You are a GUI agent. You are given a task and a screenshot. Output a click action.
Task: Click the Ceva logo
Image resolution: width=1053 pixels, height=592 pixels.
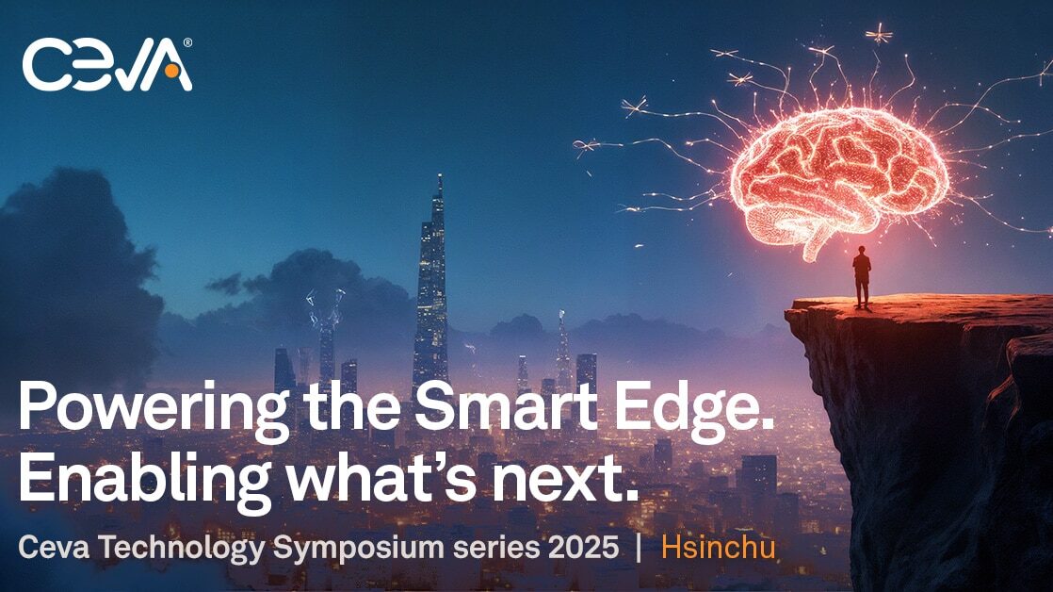pyautogui.click(x=107, y=64)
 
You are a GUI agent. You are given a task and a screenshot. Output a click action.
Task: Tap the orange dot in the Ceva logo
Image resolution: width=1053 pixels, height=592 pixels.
pyautogui.click(x=171, y=70)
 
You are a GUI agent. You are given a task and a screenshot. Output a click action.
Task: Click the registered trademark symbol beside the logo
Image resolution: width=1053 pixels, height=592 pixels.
pyautogui.click(x=187, y=42)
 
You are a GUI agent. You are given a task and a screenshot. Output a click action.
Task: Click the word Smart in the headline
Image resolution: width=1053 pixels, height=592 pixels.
pyautogui.click(x=505, y=407)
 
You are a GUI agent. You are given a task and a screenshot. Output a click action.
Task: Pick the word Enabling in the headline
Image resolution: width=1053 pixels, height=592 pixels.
pyautogui.click(x=144, y=480)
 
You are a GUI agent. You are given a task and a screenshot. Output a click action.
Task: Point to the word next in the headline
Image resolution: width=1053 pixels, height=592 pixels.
pyautogui.click(x=557, y=481)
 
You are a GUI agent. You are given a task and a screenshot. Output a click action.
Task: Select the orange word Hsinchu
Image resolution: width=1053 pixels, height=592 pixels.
pyautogui.click(x=718, y=547)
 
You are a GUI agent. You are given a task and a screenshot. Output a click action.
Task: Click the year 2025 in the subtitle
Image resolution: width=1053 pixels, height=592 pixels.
pyautogui.click(x=583, y=548)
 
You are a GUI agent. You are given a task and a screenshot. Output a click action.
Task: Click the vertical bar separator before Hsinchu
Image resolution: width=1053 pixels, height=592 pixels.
pyautogui.click(x=639, y=548)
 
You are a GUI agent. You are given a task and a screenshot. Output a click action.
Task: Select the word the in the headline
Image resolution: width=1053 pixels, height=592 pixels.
pyautogui.click(x=352, y=407)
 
